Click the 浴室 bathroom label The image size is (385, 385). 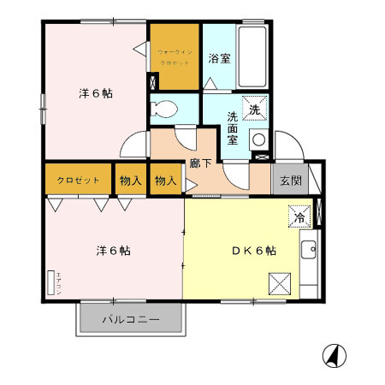tap(219, 59)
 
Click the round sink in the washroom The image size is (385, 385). tap(258, 140)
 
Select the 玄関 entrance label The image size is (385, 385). tap(287, 181)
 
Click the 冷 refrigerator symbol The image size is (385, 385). tap(299, 217)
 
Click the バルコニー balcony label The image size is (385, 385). tap(131, 320)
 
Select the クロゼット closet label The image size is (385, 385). tap(79, 181)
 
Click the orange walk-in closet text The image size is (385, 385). tap(175, 56)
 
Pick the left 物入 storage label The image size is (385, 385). tap(130, 181)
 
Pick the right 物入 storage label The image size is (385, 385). tap(165, 181)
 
